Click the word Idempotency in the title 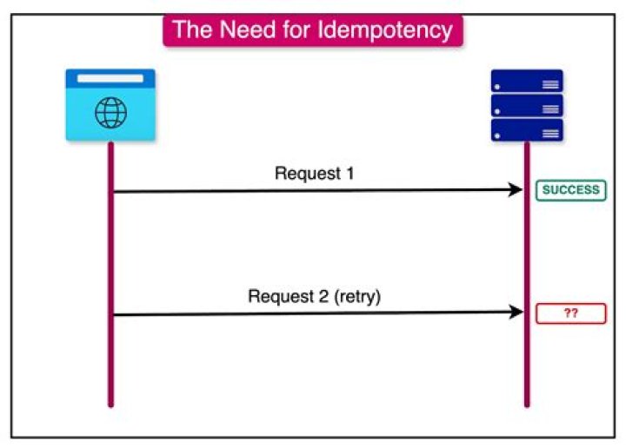click(x=391, y=30)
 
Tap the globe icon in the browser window click(x=110, y=113)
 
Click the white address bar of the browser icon click(x=110, y=78)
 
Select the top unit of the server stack click(x=526, y=82)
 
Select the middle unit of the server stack click(x=526, y=106)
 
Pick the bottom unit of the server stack click(x=526, y=130)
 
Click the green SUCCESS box click(x=570, y=190)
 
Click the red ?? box click(x=570, y=313)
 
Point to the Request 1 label click(x=314, y=173)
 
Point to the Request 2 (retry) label click(x=314, y=296)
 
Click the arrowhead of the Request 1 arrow click(x=515, y=190)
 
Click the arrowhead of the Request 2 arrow click(x=515, y=313)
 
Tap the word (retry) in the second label click(x=357, y=296)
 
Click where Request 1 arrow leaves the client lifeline click(x=114, y=190)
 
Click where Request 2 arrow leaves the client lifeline click(x=114, y=313)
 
